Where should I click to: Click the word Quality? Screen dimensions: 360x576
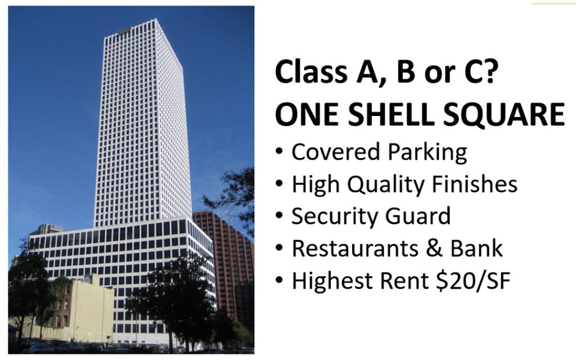click(x=383, y=186)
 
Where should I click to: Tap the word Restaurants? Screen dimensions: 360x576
click(x=355, y=249)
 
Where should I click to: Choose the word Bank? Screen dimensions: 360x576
click(x=477, y=249)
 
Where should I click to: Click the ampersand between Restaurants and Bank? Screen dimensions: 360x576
click(x=437, y=249)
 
